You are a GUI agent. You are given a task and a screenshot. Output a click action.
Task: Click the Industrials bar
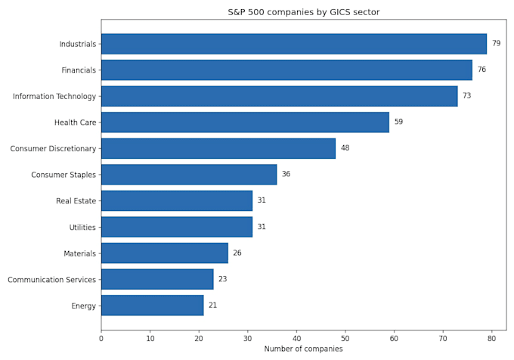294,44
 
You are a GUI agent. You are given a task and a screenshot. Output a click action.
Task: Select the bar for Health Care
245,123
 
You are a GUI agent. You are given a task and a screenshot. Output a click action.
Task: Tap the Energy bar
153,306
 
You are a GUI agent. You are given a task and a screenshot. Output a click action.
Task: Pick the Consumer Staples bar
189,175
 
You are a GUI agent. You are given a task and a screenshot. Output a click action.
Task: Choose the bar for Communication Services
157,279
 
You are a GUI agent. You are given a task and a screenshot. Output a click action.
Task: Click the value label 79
497,43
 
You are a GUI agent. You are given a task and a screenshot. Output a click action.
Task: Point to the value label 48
345,148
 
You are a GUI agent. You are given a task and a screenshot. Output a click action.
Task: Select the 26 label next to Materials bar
237,253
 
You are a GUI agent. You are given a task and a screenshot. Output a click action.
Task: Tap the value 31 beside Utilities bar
262,227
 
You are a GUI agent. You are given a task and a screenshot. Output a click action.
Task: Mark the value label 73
467,95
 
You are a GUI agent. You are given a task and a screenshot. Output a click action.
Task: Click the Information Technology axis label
54,96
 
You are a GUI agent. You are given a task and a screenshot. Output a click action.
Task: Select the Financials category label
79,70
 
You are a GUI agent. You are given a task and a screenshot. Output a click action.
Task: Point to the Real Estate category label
76,200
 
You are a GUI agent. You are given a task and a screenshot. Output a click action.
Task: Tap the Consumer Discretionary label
53,148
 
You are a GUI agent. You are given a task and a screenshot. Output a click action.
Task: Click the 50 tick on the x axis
345,338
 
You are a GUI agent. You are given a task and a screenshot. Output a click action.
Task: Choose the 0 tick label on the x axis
101,338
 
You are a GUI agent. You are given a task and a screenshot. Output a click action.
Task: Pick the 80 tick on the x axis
491,338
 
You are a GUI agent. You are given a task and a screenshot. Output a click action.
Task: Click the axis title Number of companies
304,349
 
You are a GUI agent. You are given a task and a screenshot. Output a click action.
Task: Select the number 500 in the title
256,12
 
